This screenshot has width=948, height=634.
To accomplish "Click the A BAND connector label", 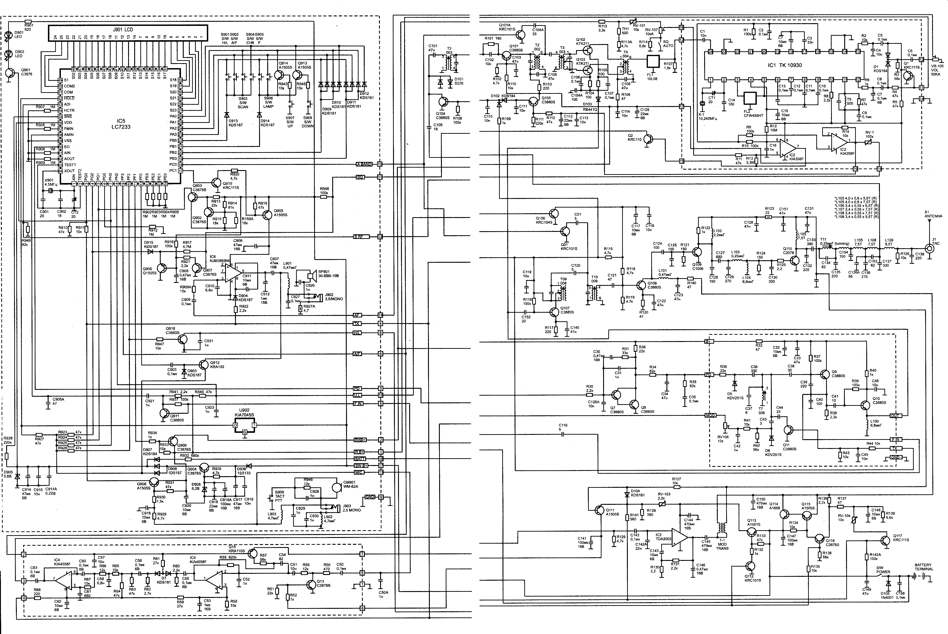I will click(x=364, y=164).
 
